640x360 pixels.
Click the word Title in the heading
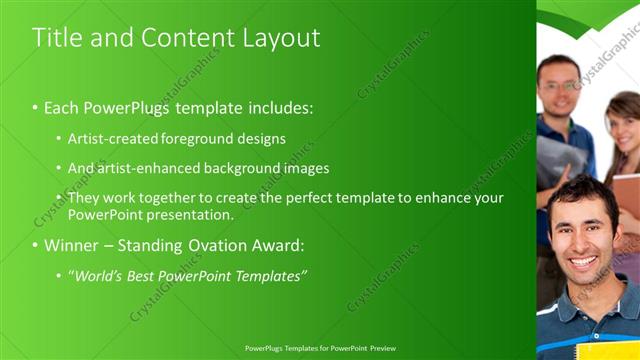54,38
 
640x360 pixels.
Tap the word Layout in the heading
281,38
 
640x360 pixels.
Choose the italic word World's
95,275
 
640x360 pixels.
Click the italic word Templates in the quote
272,275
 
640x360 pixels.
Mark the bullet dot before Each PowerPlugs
35,107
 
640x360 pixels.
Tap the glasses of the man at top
557,86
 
